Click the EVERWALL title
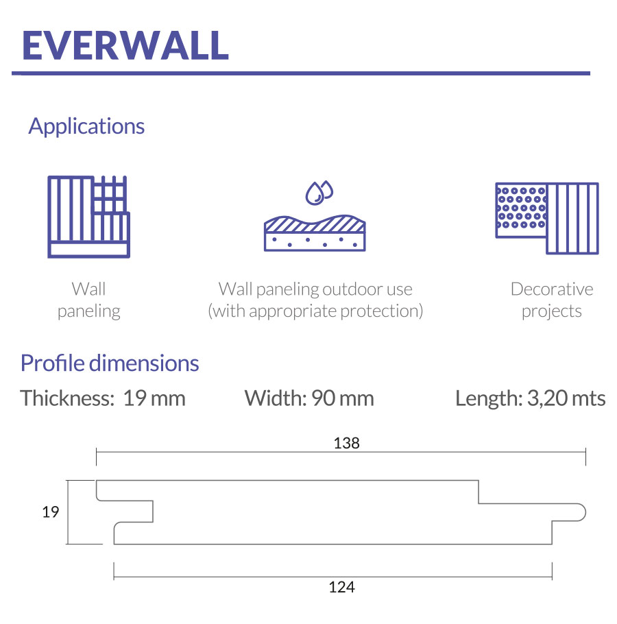click(125, 45)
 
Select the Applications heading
click(86, 127)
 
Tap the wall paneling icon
click(88, 217)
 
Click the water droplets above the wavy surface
click(319, 193)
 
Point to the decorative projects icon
click(547, 218)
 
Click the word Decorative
click(552, 289)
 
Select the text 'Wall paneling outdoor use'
click(315, 289)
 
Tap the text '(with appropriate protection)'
click(315, 311)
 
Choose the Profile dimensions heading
click(110, 363)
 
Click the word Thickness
click(67, 398)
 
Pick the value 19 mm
click(154, 398)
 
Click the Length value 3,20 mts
click(566, 398)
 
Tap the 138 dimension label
click(346, 443)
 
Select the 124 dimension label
click(341, 587)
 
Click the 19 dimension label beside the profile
click(51, 512)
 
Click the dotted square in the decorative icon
click(521, 210)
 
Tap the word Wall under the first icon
click(88, 289)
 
